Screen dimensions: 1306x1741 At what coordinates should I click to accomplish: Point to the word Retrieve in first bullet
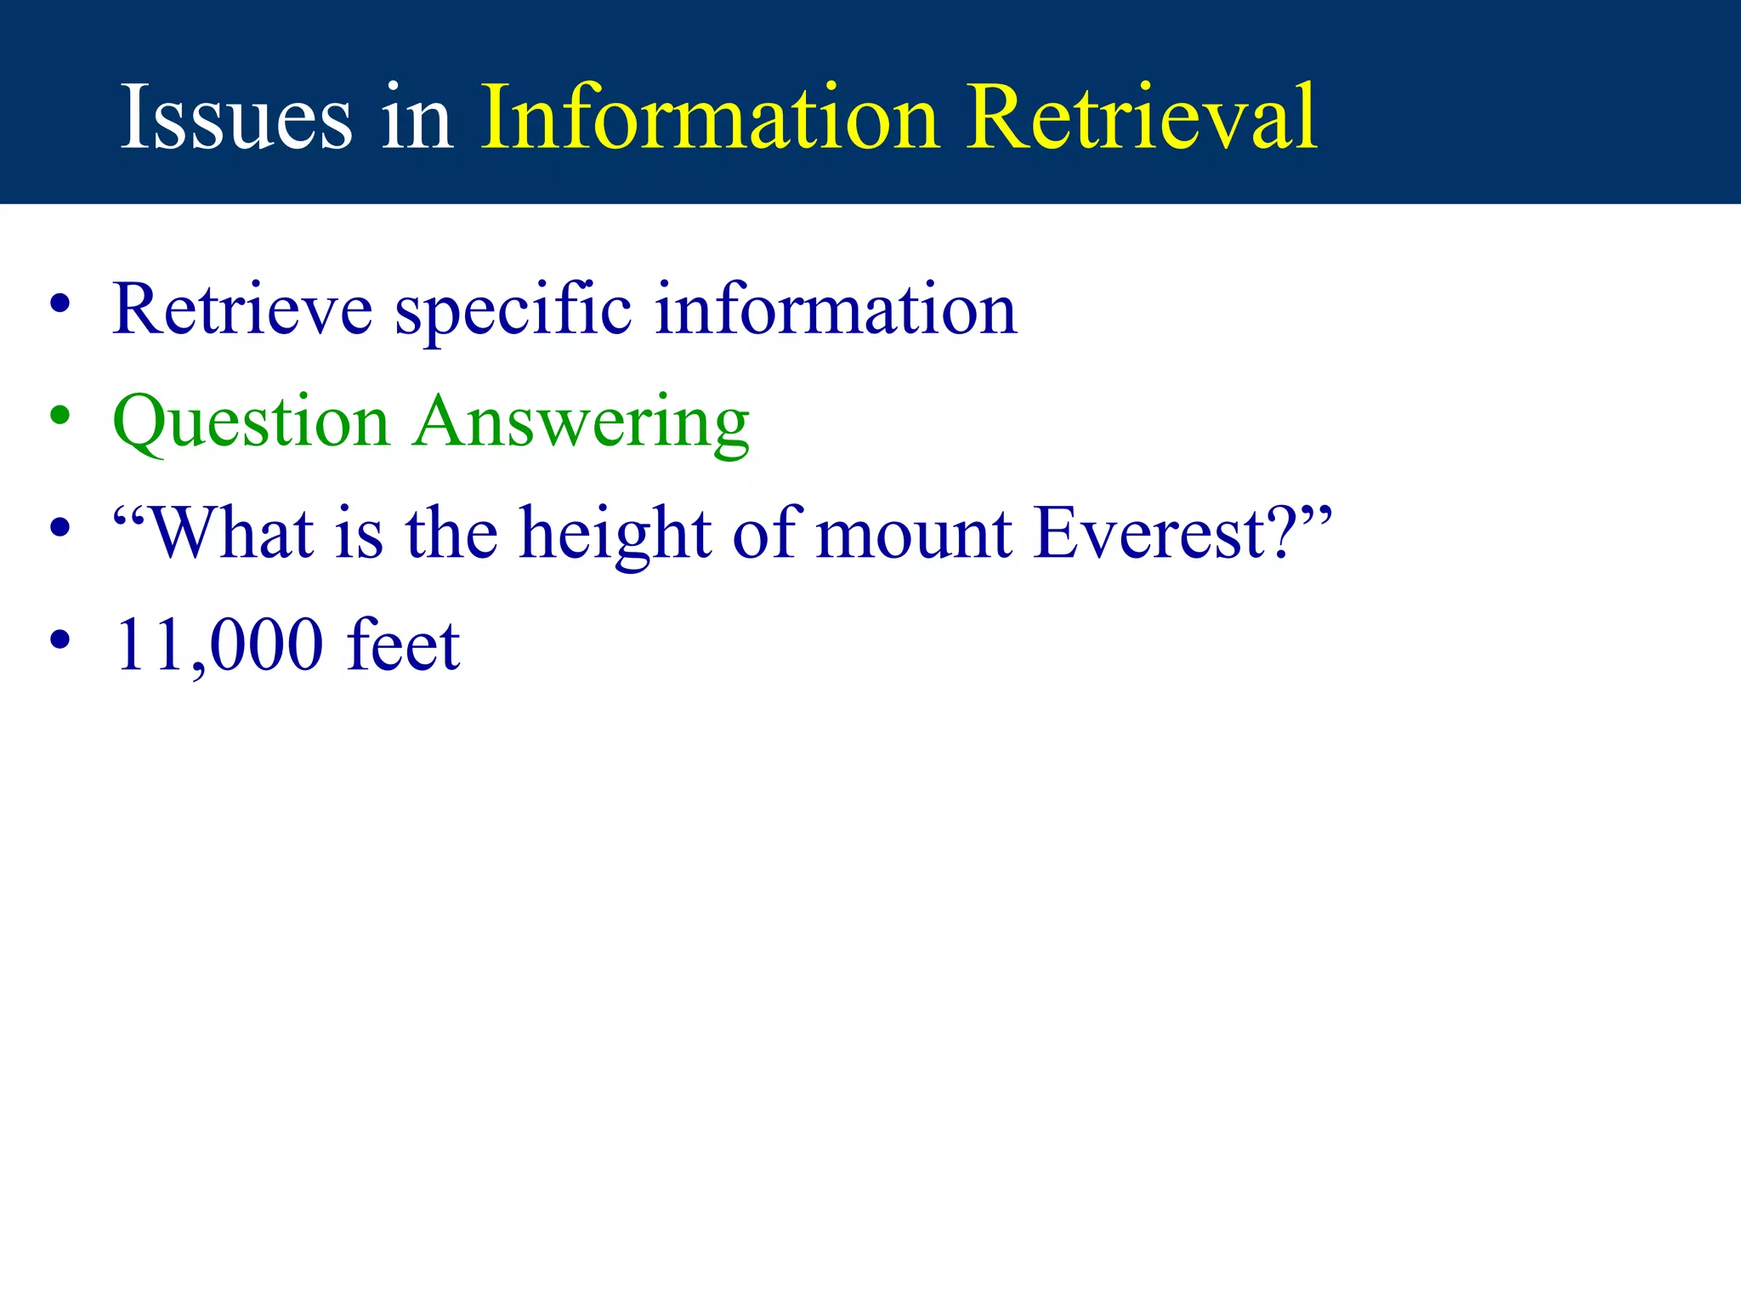coord(241,309)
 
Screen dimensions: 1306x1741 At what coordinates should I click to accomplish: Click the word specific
coord(513,309)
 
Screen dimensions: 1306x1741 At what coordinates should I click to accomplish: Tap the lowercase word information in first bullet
coord(836,309)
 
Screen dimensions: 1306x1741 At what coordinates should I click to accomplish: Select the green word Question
coord(251,422)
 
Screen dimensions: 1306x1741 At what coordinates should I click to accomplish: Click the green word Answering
coord(581,422)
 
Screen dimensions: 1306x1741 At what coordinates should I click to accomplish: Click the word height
coord(615,534)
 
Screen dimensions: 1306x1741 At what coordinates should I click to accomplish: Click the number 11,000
coord(219,646)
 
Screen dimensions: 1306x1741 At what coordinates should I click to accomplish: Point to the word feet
coord(403,646)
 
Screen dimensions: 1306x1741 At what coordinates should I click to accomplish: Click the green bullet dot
coord(60,416)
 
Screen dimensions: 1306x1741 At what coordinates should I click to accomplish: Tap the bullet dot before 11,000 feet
coord(60,639)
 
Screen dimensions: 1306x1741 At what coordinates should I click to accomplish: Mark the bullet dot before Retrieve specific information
coord(60,304)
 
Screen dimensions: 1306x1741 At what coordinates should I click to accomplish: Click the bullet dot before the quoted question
coord(60,527)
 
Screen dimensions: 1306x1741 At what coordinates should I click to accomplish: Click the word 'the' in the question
coord(451,534)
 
